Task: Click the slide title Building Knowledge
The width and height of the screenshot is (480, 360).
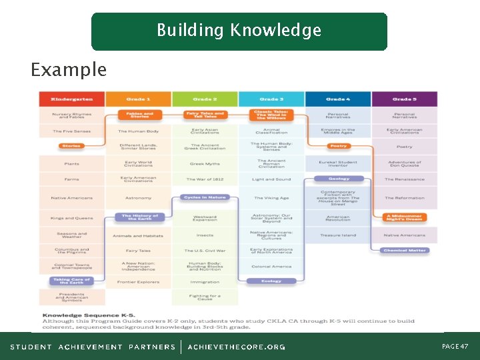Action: coord(239,31)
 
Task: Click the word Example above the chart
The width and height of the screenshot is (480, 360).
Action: coord(69,69)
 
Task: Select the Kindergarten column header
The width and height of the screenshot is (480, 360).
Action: coord(72,99)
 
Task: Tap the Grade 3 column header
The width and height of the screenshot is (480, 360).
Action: coord(271,99)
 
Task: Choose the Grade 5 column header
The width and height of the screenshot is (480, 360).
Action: coord(405,99)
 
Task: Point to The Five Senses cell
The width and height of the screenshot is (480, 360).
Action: coord(72,131)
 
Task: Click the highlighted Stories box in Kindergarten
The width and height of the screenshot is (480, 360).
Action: coord(71,146)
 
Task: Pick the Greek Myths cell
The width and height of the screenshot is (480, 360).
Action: coord(205,163)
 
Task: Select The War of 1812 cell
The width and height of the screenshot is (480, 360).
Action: coord(205,179)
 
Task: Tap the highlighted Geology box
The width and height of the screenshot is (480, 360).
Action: coord(339,179)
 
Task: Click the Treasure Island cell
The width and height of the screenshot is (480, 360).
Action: coord(339,235)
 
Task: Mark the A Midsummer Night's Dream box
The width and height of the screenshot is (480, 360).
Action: coord(405,217)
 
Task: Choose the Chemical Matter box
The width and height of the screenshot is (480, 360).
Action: coord(405,251)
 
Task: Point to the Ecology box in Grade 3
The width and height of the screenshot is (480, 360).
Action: coord(271,281)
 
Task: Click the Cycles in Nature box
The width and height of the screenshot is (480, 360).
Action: coord(205,197)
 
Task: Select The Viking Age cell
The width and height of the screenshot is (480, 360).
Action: coord(271,198)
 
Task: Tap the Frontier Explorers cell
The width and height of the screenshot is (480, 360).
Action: coord(139,282)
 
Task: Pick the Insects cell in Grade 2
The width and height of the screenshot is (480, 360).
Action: coord(205,235)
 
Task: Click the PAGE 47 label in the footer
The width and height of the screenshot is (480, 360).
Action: coord(455,347)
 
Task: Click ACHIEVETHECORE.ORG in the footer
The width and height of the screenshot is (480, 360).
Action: coord(236,347)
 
